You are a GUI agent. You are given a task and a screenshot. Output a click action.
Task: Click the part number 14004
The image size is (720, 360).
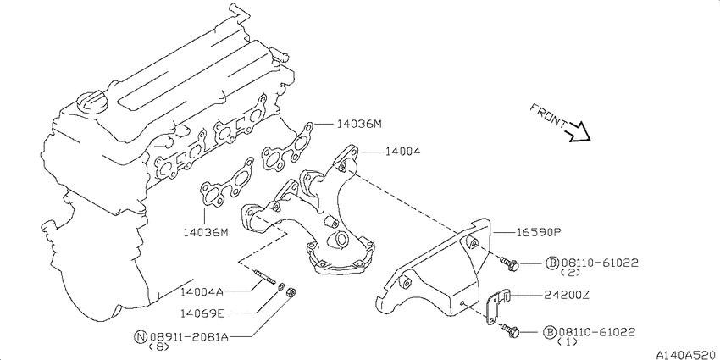click(x=402, y=151)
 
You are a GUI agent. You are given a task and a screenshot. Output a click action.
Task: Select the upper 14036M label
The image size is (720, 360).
click(x=359, y=124)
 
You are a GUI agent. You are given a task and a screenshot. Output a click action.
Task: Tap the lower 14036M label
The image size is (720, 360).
click(x=205, y=233)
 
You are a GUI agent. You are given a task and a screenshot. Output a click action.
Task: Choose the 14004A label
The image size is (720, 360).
click(x=202, y=291)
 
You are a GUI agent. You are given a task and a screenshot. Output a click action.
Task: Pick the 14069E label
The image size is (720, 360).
click(x=202, y=313)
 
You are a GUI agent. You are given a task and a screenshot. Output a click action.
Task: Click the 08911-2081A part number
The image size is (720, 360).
click(x=189, y=337)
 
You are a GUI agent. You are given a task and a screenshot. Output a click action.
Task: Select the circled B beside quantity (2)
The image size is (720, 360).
click(x=552, y=263)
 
